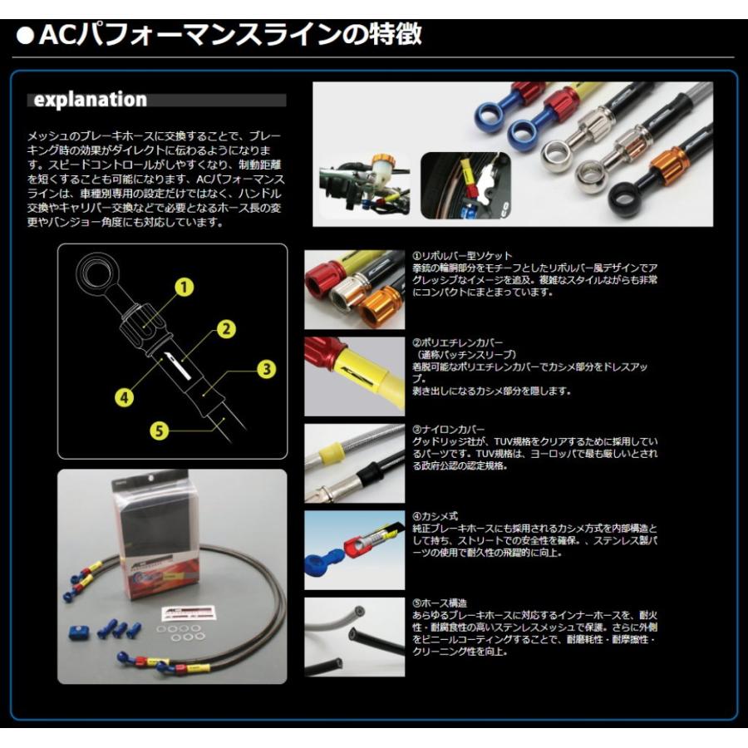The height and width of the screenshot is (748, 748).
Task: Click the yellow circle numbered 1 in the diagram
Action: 184,288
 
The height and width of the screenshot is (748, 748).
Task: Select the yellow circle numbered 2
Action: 223,328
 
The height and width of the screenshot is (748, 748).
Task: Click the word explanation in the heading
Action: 90,100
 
